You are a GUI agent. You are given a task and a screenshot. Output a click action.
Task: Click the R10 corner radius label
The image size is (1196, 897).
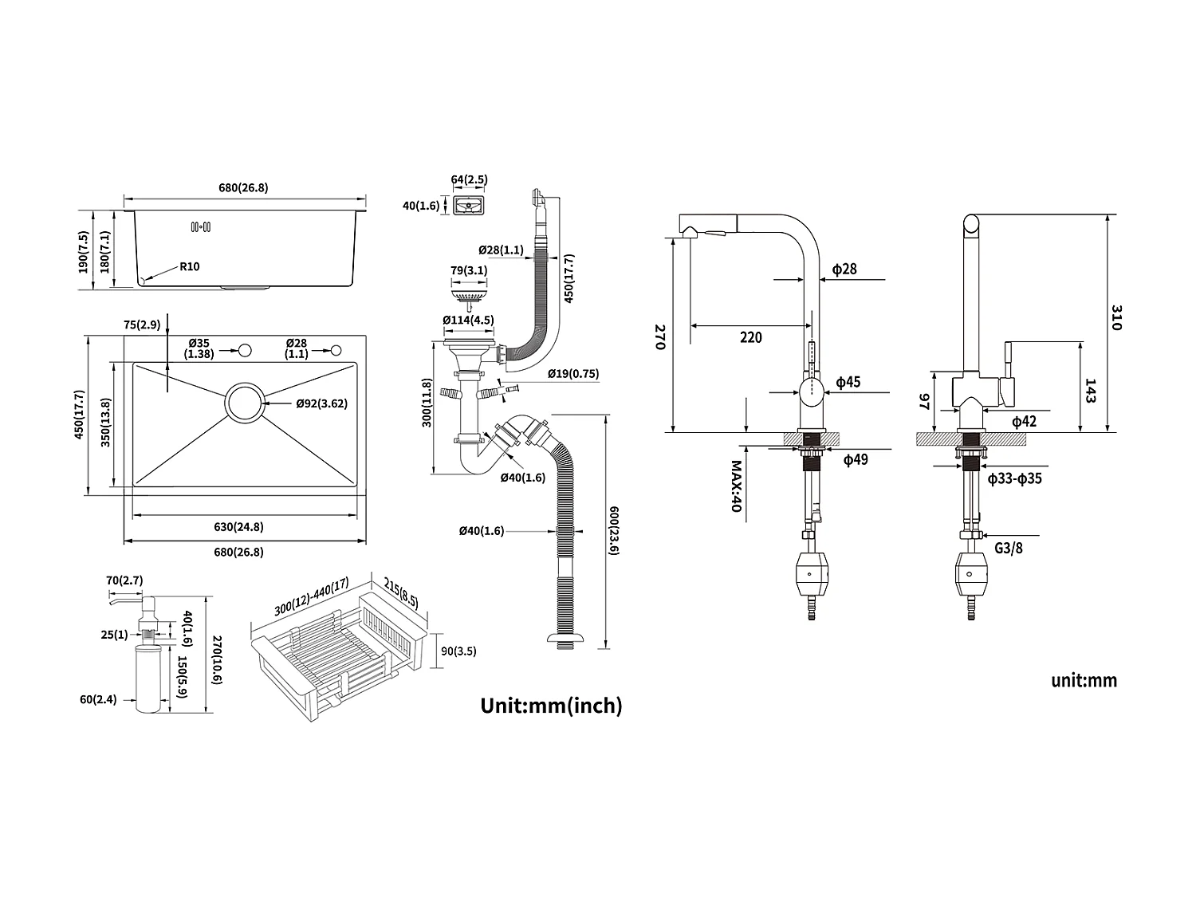189,266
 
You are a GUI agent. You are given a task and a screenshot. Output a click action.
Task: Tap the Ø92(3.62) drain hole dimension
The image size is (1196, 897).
321,403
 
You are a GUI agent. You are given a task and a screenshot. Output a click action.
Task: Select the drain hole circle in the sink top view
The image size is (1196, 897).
246,403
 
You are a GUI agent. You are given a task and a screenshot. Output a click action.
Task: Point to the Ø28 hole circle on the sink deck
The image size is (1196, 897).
336,350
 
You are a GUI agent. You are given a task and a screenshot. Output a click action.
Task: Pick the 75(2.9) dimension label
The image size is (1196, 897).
143,325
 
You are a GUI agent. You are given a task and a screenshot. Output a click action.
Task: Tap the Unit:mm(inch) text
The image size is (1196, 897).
551,705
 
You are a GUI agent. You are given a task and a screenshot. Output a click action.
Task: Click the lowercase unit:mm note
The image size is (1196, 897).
1084,680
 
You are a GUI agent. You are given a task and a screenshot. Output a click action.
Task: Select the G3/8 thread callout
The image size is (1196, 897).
1009,549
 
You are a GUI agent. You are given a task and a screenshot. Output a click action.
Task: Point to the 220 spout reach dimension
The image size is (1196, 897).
750,337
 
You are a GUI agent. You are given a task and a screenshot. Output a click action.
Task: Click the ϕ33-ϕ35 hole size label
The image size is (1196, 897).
1014,478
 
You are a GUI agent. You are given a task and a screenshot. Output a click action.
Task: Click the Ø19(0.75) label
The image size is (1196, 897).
573,373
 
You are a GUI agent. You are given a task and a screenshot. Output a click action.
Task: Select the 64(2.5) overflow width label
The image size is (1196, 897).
469,179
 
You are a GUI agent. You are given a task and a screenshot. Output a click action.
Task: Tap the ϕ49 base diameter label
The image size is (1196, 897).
856,459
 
